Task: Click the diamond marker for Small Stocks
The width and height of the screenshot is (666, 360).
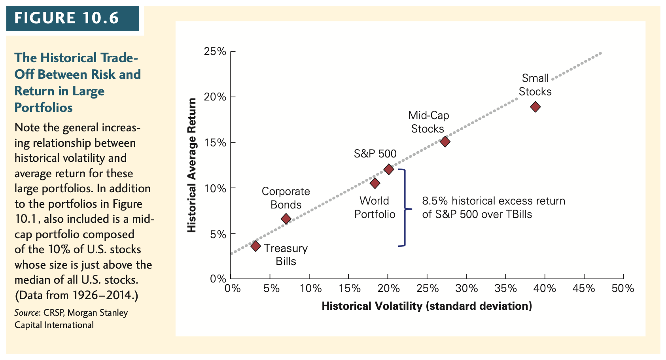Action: pyautogui.click(x=535, y=107)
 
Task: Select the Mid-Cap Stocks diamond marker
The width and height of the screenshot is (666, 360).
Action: pyautogui.click(x=445, y=142)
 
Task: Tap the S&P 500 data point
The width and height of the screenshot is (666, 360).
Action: pyautogui.click(x=389, y=169)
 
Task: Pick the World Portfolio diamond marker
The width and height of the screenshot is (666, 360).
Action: pyautogui.click(x=375, y=183)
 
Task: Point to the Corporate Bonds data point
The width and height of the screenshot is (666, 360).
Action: pyautogui.click(x=286, y=219)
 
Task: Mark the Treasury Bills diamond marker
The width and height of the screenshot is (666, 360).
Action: pyautogui.click(x=255, y=246)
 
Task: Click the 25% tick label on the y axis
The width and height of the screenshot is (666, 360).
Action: pyautogui.click(x=215, y=51)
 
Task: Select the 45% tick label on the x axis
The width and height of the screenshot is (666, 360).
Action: pyautogui.click(x=584, y=288)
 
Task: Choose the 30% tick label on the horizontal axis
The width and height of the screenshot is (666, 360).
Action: pyautogui.click(x=466, y=288)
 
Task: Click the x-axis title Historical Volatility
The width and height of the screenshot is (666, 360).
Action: pyautogui.click(x=426, y=306)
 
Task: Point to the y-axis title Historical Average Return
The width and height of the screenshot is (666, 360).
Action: pyautogui.click(x=192, y=165)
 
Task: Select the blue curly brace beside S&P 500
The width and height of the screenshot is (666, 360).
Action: pyautogui.click(x=404, y=208)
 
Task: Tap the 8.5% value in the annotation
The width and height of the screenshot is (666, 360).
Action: pyautogui.click(x=435, y=201)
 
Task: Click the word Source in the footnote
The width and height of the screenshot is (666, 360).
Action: pyautogui.click(x=26, y=313)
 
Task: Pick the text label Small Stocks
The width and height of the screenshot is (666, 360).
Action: pyautogui.click(x=535, y=85)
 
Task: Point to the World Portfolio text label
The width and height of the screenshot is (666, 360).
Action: pyautogui.click(x=375, y=208)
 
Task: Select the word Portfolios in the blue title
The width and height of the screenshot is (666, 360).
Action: pyautogui.click(x=44, y=108)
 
